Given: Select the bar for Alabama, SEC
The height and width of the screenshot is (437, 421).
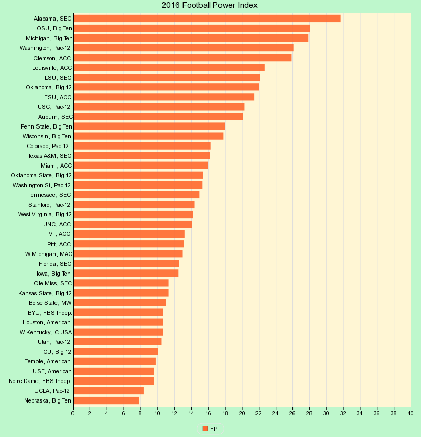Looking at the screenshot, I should tap(207, 19).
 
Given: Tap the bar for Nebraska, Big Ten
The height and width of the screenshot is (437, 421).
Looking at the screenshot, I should tap(106, 400).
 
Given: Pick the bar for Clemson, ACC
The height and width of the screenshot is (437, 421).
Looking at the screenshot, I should tap(182, 58).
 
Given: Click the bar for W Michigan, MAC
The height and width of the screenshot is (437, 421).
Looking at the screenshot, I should tap(127, 253).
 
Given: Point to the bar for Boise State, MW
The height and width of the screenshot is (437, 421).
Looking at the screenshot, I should tap(119, 303).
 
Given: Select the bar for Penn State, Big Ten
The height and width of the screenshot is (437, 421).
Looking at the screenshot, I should tap(149, 126).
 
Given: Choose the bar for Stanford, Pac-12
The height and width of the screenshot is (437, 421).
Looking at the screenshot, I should tap(134, 205).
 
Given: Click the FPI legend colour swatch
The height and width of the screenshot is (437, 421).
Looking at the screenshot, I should tap(205, 428).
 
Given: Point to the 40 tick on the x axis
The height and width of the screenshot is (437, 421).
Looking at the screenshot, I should tap(411, 413).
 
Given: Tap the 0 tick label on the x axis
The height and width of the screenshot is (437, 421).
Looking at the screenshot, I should tap(73, 413).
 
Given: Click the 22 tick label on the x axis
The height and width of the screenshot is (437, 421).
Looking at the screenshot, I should tap(259, 413).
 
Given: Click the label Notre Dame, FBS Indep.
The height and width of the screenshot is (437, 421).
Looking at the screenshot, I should tap(40, 381).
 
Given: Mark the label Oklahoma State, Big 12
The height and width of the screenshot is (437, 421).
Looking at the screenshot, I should tap(41, 175).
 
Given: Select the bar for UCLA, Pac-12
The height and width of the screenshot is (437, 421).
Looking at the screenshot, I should tap(108, 391).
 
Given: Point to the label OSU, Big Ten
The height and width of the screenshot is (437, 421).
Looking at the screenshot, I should tap(54, 28).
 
